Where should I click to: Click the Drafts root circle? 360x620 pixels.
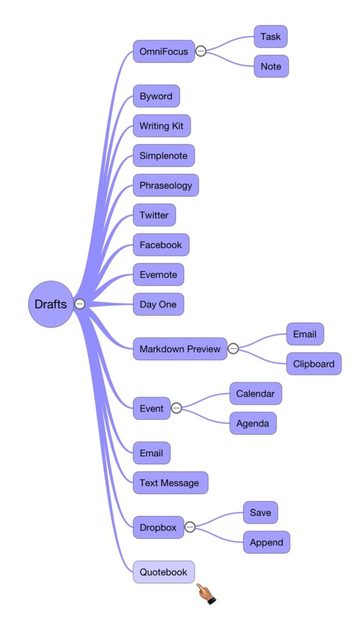click(50, 304)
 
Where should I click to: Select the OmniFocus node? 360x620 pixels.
click(163, 52)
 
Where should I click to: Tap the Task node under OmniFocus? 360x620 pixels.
click(271, 37)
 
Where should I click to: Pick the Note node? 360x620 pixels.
click(271, 67)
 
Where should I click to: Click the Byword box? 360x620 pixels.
click(156, 96)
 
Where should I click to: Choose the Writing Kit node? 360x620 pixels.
click(161, 126)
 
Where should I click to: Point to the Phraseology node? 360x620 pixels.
click(166, 185)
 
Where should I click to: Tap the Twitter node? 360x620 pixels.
click(154, 215)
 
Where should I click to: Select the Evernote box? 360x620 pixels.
click(158, 275)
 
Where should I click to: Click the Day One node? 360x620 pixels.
click(158, 304)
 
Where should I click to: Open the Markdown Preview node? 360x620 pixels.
click(179, 349)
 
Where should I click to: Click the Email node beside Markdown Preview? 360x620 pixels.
click(305, 334)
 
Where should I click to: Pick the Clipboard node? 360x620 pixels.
click(314, 364)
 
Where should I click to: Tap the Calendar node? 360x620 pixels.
click(256, 394)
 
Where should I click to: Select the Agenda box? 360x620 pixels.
click(253, 424)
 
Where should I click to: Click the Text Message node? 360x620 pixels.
click(170, 483)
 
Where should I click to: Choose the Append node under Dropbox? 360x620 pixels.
click(266, 542)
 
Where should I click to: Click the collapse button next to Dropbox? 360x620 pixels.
click(190, 527)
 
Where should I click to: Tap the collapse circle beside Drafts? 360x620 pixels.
click(80, 304)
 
